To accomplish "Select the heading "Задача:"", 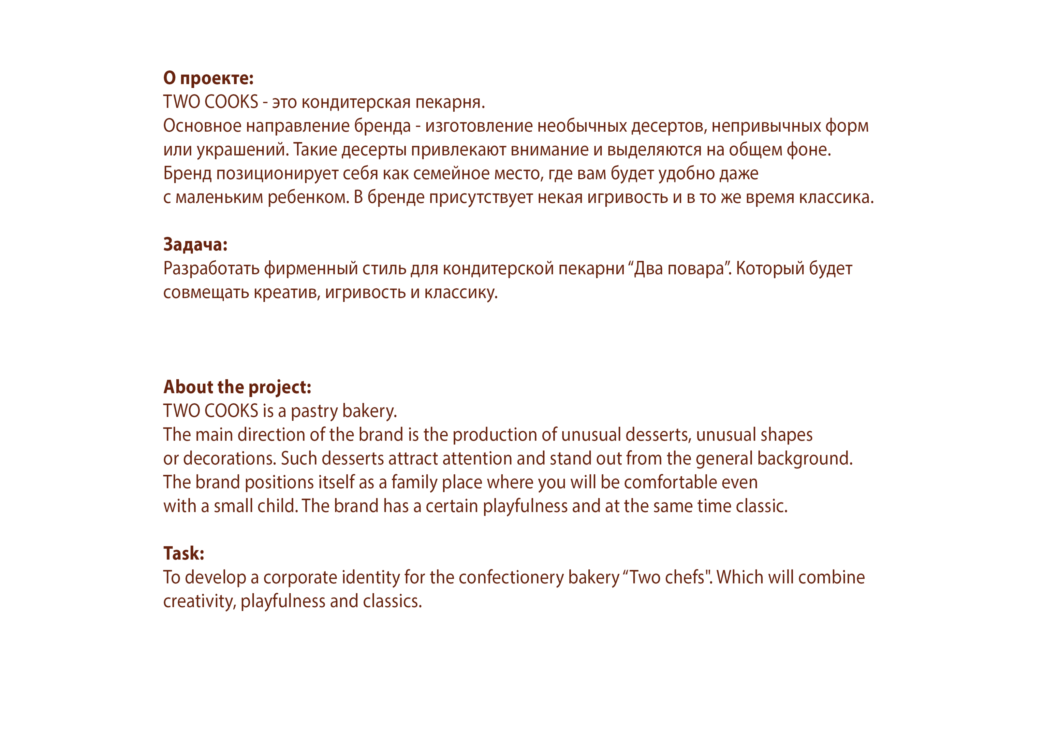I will pyautogui.click(x=195, y=245).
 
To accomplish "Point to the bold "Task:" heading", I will pyautogui.click(x=184, y=554).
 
